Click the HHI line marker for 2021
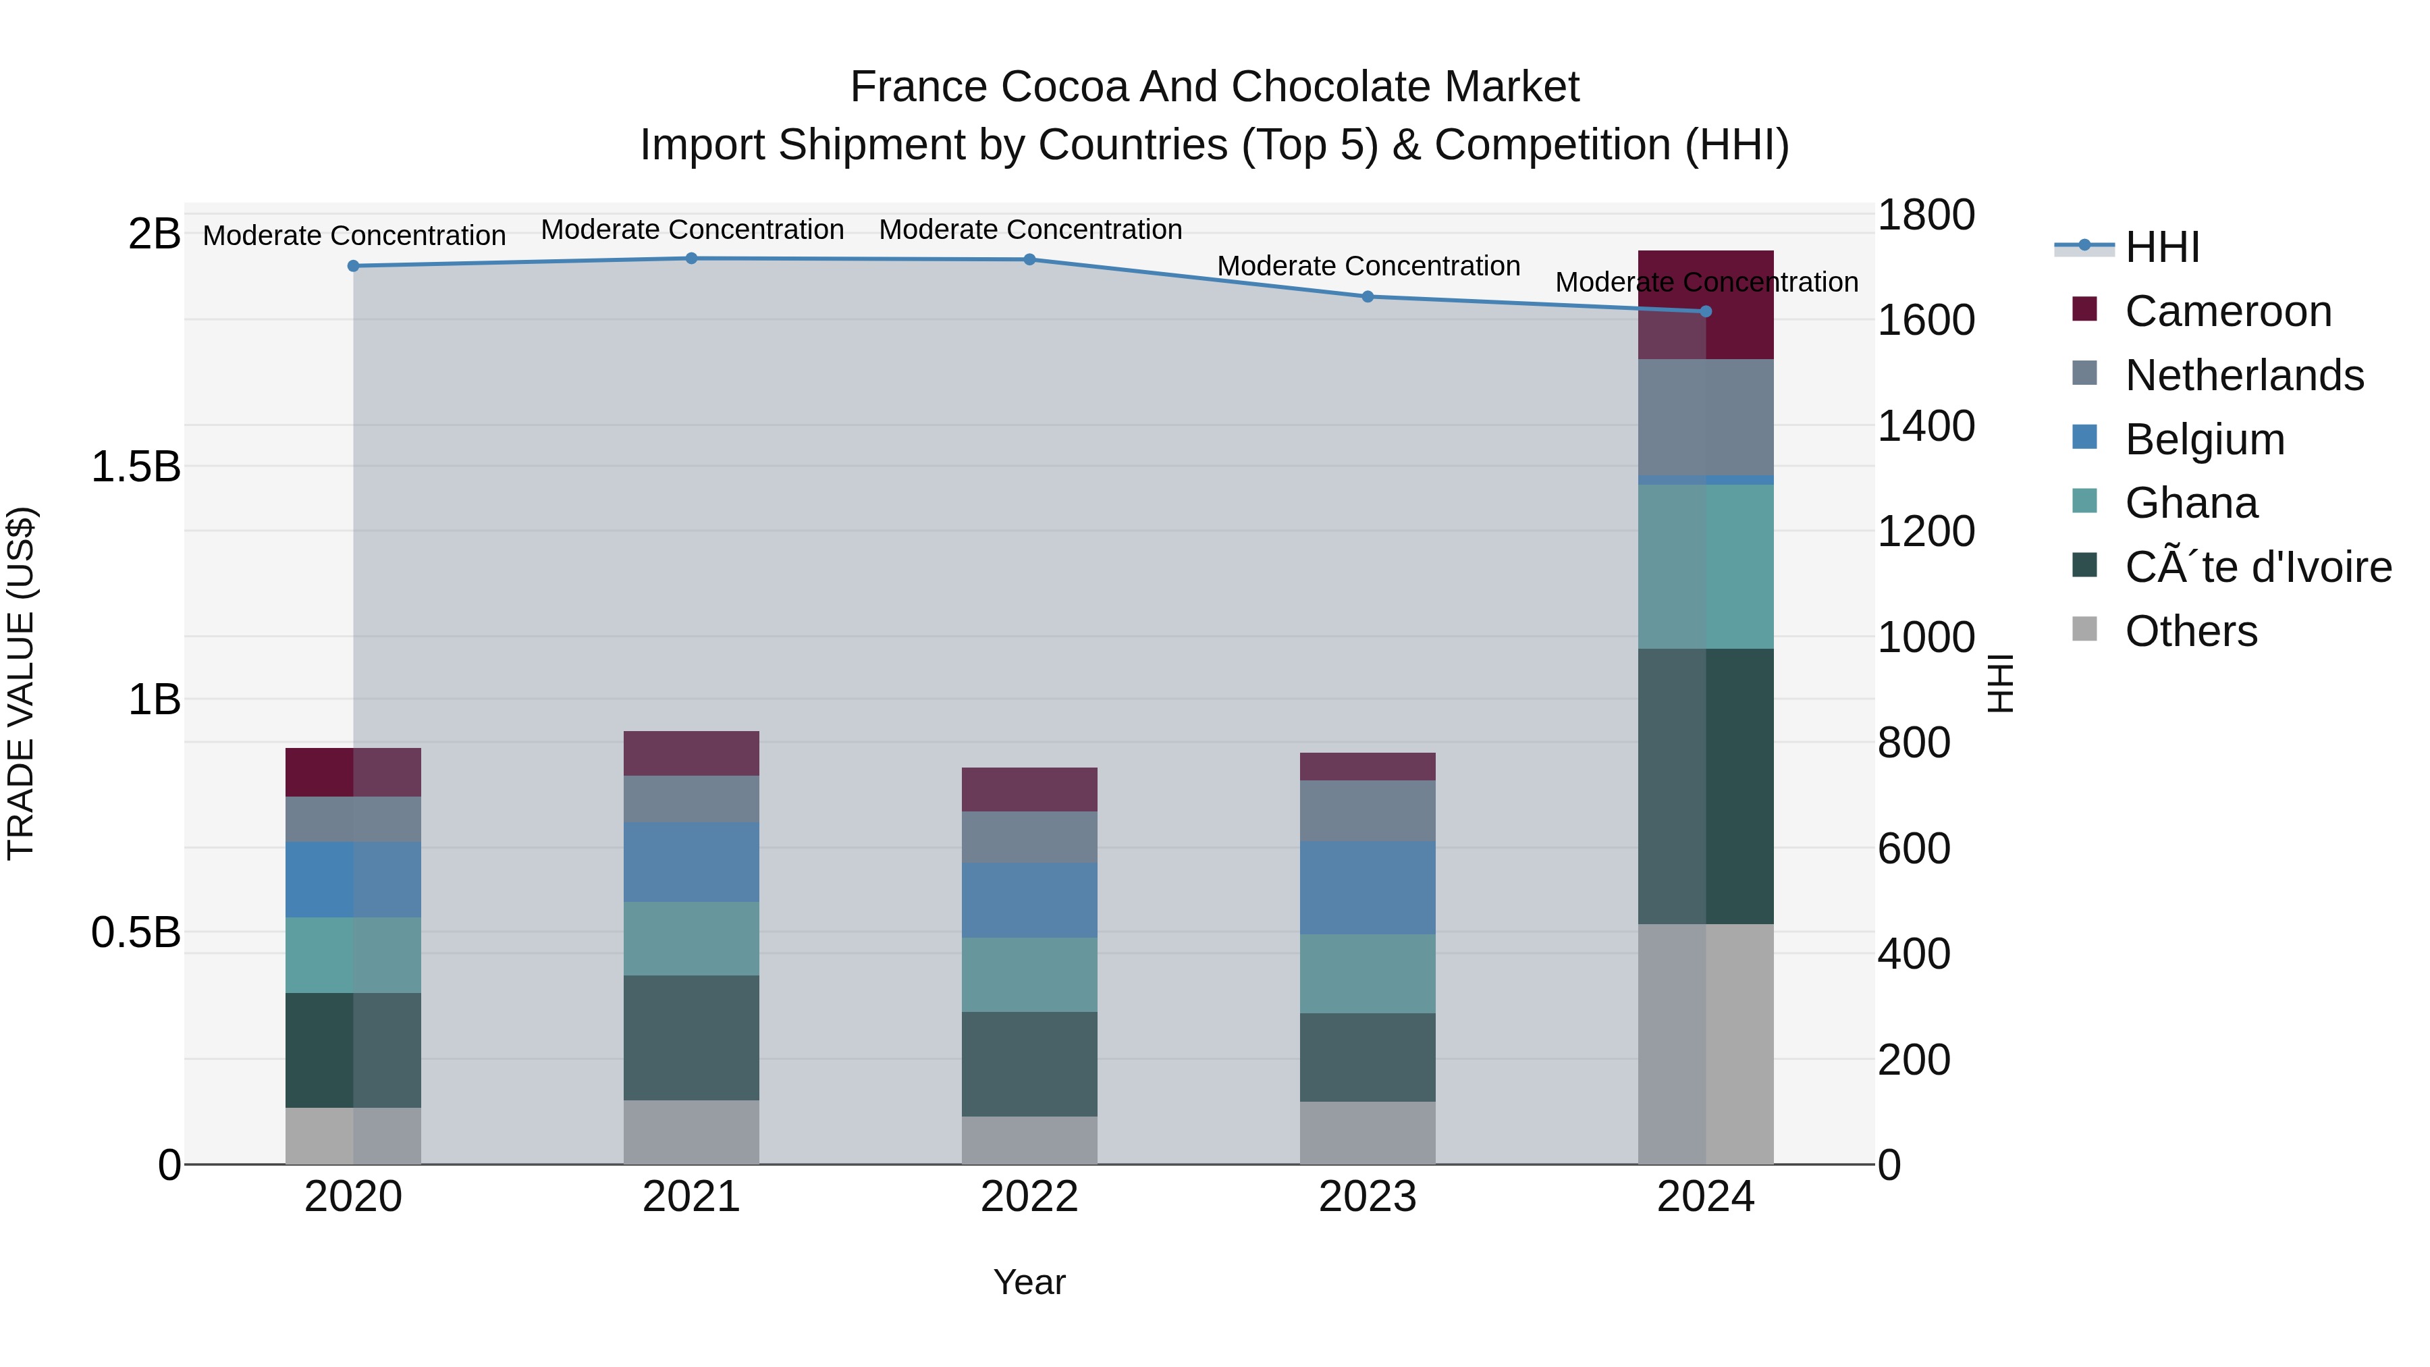point(691,259)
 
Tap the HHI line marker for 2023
point(1367,296)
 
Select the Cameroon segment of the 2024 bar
point(1706,304)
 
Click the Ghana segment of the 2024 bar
point(1706,566)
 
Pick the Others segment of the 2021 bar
point(691,1131)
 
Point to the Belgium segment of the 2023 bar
point(1367,888)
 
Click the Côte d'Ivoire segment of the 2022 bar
point(1029,1063)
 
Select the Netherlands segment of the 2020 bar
point(353,819)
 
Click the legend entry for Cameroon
point(2227,311)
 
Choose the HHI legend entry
point(2161,247)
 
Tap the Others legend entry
point(2190,631)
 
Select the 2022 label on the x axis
point(1029,1197)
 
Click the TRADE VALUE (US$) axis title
point(22,683)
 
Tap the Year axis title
point(1029,1282)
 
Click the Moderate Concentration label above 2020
point(354,235)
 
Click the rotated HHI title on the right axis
point(2000,683)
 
